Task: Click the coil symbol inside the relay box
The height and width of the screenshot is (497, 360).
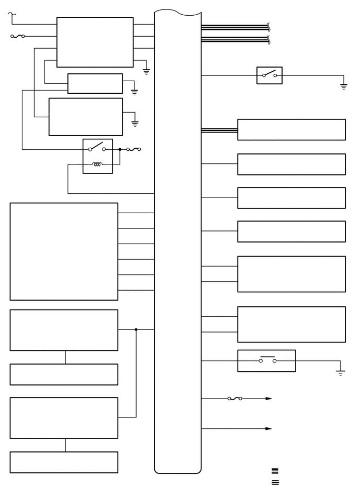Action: click(x=97, y=165)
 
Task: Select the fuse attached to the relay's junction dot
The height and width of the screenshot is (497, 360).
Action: click(x=133, y=149)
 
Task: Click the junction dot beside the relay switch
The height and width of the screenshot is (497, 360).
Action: click(x=120, y=149)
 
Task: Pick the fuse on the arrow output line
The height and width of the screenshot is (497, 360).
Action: click(x=234, y=399)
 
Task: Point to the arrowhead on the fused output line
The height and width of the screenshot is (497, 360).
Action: click(x=268, y=399)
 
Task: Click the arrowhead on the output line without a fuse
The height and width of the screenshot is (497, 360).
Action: click(x=268, y=428)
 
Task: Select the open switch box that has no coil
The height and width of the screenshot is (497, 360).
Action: click(x=269, y=75)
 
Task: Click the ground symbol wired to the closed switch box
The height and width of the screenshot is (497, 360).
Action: click(x=341, y=373)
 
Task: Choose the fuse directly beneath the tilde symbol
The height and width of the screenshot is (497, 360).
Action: click(x=17, y=37)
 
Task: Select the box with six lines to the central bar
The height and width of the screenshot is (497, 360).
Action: click(x=64, y=251)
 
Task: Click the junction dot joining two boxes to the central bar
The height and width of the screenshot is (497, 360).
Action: click(x=136, y=329)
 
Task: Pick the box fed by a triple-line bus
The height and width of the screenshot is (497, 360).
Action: click(x=291, y=130)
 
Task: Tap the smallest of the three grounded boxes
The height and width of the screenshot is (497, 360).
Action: click(x=95, y=83)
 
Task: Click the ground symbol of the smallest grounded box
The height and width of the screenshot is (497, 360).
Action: click(x=134, y=92)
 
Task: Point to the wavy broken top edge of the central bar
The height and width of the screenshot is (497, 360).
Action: click(x=178, y=12)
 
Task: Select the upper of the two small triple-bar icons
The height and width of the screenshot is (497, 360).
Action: click(x=275, y=471)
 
